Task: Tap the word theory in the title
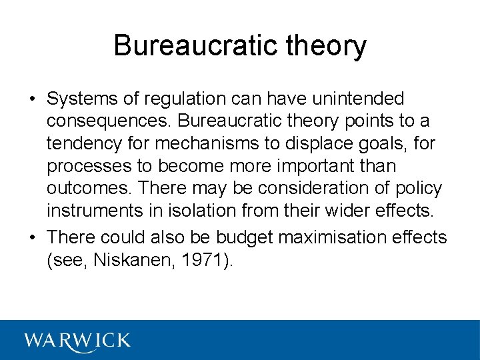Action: (x=327, y=46)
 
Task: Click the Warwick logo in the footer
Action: (x=77, y=340)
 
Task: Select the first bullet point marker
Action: (x=32, y=100)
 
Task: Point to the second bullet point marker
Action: (x=32, y=237)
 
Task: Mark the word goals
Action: (x=386, y=143)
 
